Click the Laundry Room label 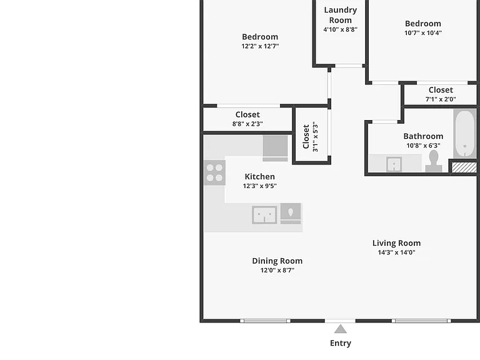[341, 15]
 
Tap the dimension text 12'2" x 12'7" [260, 46]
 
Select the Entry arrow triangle [341, 329]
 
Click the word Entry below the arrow [341, 343]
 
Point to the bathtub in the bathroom [465, 134]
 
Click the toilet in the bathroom [434, 161]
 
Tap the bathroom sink [394, 164]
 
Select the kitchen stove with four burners [214, 172]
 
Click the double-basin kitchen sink [264, 214]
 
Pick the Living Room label [396, 243]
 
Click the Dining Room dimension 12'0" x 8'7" [277, 270]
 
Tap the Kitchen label [259, 177]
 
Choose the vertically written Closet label [306, 136]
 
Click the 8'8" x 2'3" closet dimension [247, 124]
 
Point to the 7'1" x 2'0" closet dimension [441, 99]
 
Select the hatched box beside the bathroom [464, 167]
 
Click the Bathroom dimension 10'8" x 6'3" [423, 146]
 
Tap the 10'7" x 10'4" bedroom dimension [423, 32]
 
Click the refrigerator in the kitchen [275, 148]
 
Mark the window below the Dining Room [265, 321]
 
